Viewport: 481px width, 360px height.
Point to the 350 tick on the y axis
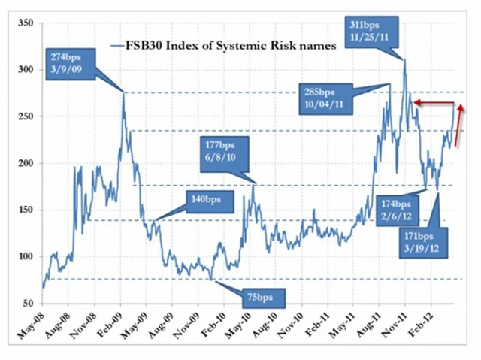(x=26, y=23)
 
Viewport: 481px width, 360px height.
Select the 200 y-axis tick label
(x=26, y=163)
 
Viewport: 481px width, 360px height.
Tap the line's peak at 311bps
(x=404, y=60)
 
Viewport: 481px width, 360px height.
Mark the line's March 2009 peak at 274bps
(x=124, y=93)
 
